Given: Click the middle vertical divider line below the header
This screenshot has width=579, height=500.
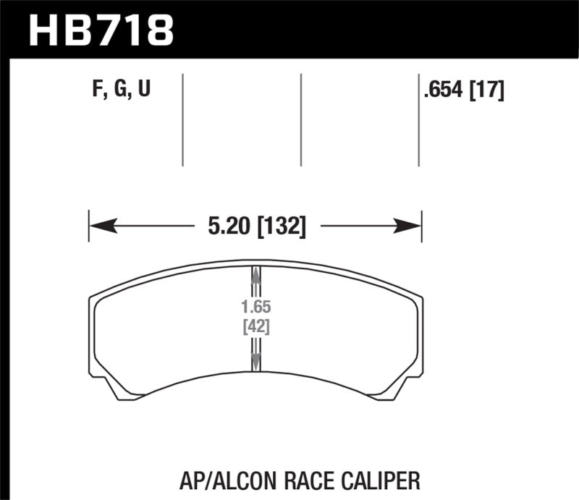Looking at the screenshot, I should tap(300, 119).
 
